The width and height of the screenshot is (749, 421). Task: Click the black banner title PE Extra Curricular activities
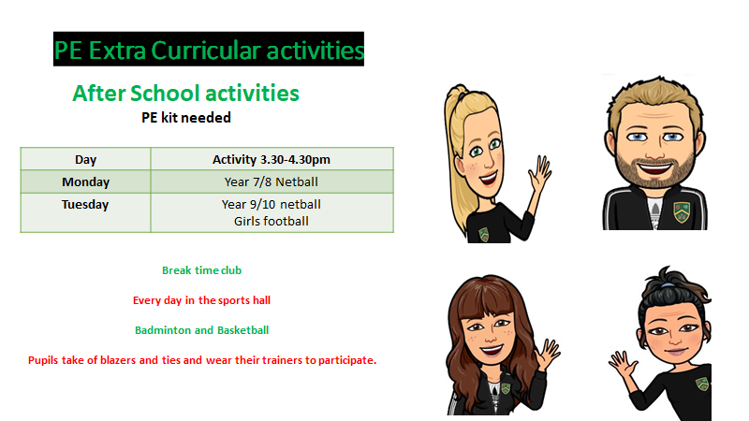[x=209, y=50]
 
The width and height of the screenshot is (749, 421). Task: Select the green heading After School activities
[x=185, y=93]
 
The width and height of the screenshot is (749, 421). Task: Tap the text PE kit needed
[x=186, y=118]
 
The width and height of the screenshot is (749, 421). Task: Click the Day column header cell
[x=85, y=159]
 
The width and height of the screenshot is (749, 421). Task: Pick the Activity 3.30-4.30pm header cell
[x=272, y=159]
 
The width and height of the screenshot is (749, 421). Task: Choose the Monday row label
[x=85, y=181]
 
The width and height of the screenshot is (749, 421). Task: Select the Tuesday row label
[x=85, y=204]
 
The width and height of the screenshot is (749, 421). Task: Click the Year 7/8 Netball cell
[x=272, y=181]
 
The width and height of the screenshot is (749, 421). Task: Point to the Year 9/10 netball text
[x=272, y=204]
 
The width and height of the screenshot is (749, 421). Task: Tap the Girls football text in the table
[x=272, y=221]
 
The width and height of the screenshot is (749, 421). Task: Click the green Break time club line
[x=201, y=270]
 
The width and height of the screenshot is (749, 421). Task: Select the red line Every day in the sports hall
[x=201, y=300]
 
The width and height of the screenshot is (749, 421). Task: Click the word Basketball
[x=242, y=330]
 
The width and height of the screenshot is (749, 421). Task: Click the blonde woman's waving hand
[x=540, y=172]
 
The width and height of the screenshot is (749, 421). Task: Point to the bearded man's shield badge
[x=682, y=212]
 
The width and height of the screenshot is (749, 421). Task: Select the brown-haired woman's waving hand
[x=549, y=354]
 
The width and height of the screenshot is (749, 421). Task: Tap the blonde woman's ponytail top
[x=457, y=91]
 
